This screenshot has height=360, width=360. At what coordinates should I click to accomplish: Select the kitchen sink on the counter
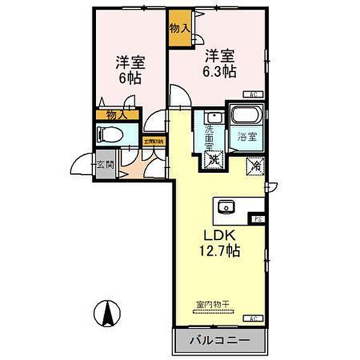tap(227, 208)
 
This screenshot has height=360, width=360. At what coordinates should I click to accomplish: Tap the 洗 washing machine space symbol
tap(214, 160)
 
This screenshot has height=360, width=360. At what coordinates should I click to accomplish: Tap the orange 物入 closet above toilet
tap(116, 114)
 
